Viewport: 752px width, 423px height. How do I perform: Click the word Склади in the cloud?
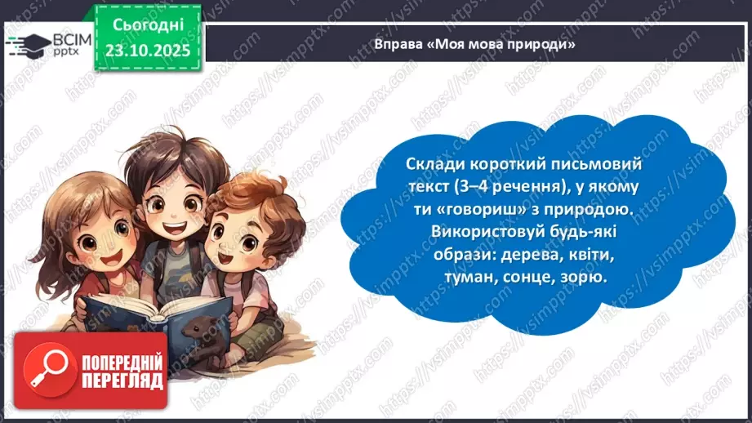[431, 164]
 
